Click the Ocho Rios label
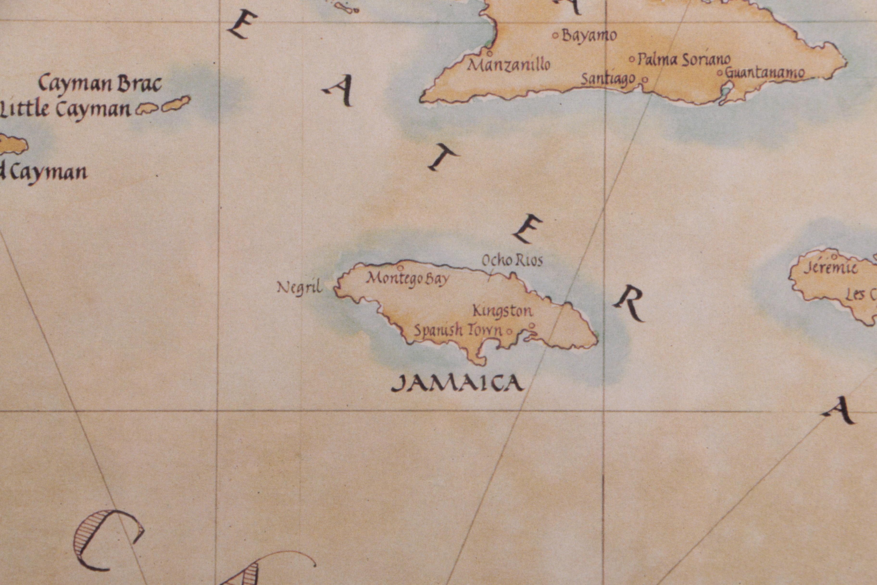click(x=512, y=261)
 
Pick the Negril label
click(x=299, y=288)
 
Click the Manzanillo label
click(x=509, y=65)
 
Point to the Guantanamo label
click(x=764, y=73)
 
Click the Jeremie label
click(x=830, y=268)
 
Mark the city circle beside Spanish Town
click(x=509, y=331)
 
